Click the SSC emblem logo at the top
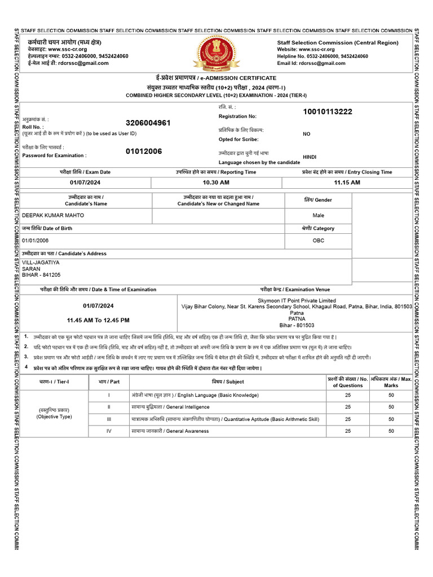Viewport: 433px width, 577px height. tap(216, 52)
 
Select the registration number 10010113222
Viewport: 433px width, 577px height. tap(328, 112)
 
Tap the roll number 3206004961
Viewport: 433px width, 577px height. tap(148, 123)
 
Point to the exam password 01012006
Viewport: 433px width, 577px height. tap(144, 151)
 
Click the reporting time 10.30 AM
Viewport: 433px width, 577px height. tap(216, 183)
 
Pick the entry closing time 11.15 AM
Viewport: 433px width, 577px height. tap(347, 183)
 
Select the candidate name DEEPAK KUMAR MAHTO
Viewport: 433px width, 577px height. tap(52, 215)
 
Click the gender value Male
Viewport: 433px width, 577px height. tap(319, 215)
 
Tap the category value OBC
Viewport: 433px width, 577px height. tap(319, 240)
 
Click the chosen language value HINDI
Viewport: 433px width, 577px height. tap(310, 157)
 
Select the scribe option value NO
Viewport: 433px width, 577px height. tap(307, 134)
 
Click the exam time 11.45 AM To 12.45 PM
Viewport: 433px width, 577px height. tap(98, 320)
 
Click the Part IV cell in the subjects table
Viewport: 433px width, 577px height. tap(109, 431)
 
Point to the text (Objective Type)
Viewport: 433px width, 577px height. tap(54, 417)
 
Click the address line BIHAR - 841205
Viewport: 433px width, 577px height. tap(41, 275)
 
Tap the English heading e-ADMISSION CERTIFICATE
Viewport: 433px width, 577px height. tap(246, 78)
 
